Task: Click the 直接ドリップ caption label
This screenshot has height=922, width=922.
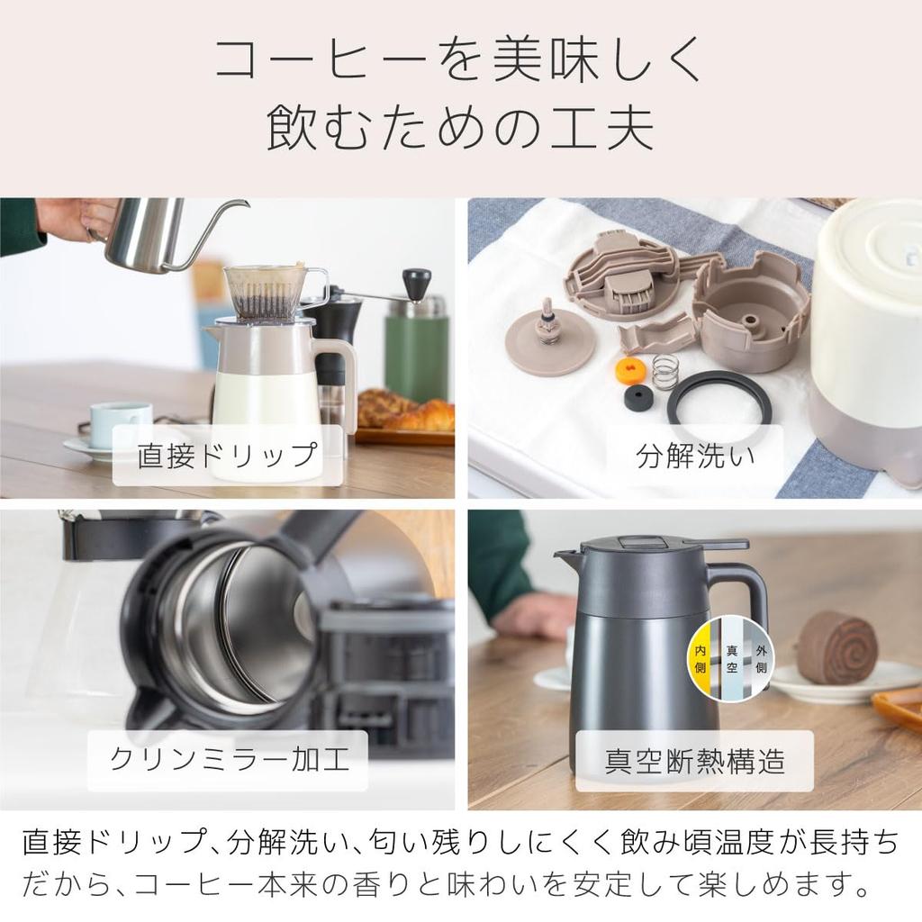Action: point(227,456)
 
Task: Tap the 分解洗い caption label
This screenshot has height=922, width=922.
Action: point(695,456)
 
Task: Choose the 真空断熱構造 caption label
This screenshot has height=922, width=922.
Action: point(695,761)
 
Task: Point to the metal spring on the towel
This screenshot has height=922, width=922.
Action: point(665,371)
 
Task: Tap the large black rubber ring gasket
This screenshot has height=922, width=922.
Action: point(719,398)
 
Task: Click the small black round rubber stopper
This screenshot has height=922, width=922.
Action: point(638,397)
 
